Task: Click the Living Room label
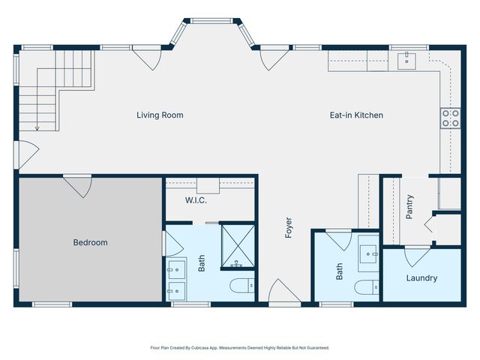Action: click(160, 115)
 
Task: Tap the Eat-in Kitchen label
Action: click(356, 115)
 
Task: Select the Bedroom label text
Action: click(90, 242)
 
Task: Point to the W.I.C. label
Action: click(196, 200)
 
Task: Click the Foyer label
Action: click(288, 227)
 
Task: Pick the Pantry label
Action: click(409, 207)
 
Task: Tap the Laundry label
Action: click(421, 278)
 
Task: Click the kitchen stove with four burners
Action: click(450, 118)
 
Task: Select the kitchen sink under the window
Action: click(406, 61)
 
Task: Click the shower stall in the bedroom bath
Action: click(238, 246)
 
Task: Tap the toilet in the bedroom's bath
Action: click(242, 286)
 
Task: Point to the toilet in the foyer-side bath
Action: click(367, 287)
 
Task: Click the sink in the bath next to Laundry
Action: click(368, 253)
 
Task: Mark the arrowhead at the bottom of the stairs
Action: click(37, 128)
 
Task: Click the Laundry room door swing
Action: click(418, 256)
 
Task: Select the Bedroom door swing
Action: click(78, 187)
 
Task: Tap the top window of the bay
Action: click(211, 21)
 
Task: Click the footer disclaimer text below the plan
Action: click(240, 348)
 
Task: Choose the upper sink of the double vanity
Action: click(177, 269)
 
